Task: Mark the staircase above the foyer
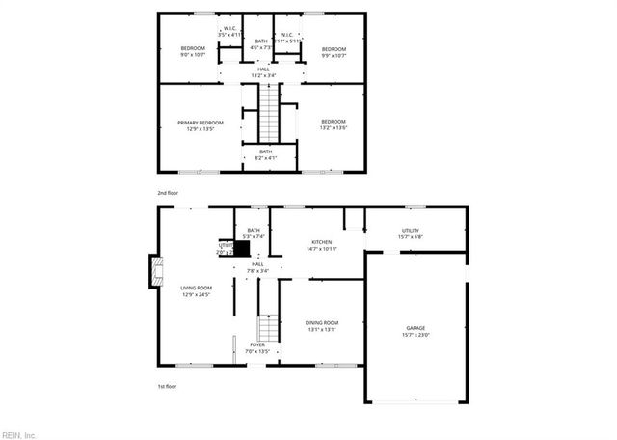pos(268,327)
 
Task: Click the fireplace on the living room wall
pos(152,272)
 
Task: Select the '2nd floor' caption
pos(168,193)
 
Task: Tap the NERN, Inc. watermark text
pos(18,434)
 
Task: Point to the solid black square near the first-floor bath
pos(244,247)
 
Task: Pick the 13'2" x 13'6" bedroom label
pos(334,124)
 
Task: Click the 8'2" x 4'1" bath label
pos(264,154)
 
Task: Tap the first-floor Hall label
pos(257,267)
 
